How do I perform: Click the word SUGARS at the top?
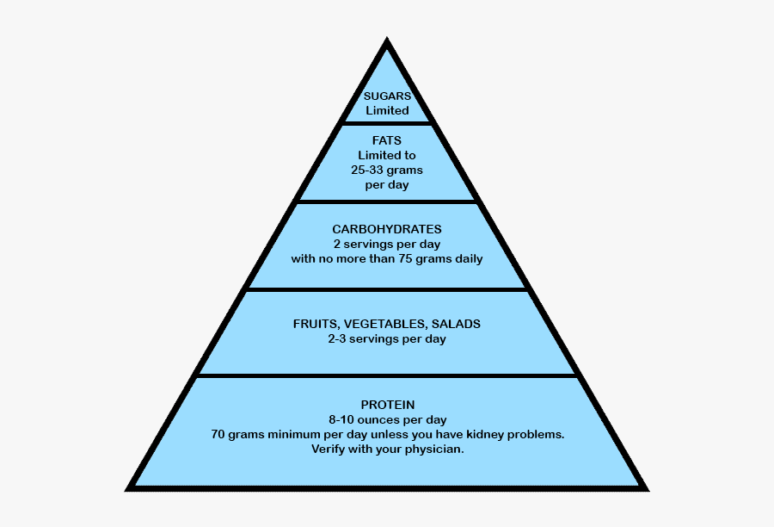387,96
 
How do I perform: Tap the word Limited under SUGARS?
387,110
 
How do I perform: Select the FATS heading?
387,140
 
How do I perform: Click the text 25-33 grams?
387,170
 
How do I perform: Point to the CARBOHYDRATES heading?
387,229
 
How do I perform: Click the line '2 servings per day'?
387,244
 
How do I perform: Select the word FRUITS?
315,325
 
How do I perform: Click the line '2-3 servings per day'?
387,339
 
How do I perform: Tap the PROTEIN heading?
387,405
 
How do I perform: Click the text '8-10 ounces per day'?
387,419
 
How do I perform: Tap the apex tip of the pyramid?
387,41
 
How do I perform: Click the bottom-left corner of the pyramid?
129,487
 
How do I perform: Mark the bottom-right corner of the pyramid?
646,487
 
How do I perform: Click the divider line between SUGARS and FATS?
387,123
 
